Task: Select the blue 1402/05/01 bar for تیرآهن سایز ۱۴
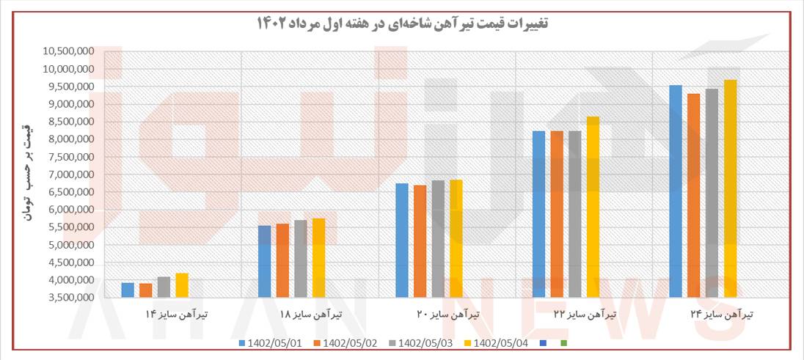click(x=128, y=290)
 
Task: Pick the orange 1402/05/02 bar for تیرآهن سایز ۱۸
click(x=282, y=260)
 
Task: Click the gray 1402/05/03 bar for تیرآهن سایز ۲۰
click(x=438, y=238)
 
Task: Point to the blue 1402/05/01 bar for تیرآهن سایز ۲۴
click(x=676, y=191)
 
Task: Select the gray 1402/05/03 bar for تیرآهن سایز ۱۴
click(x=164, y=287)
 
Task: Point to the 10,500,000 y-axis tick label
click(x=67, y=51)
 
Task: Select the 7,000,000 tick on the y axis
click(x=69, y=175)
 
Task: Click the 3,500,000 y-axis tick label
click(x=69, y=298)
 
